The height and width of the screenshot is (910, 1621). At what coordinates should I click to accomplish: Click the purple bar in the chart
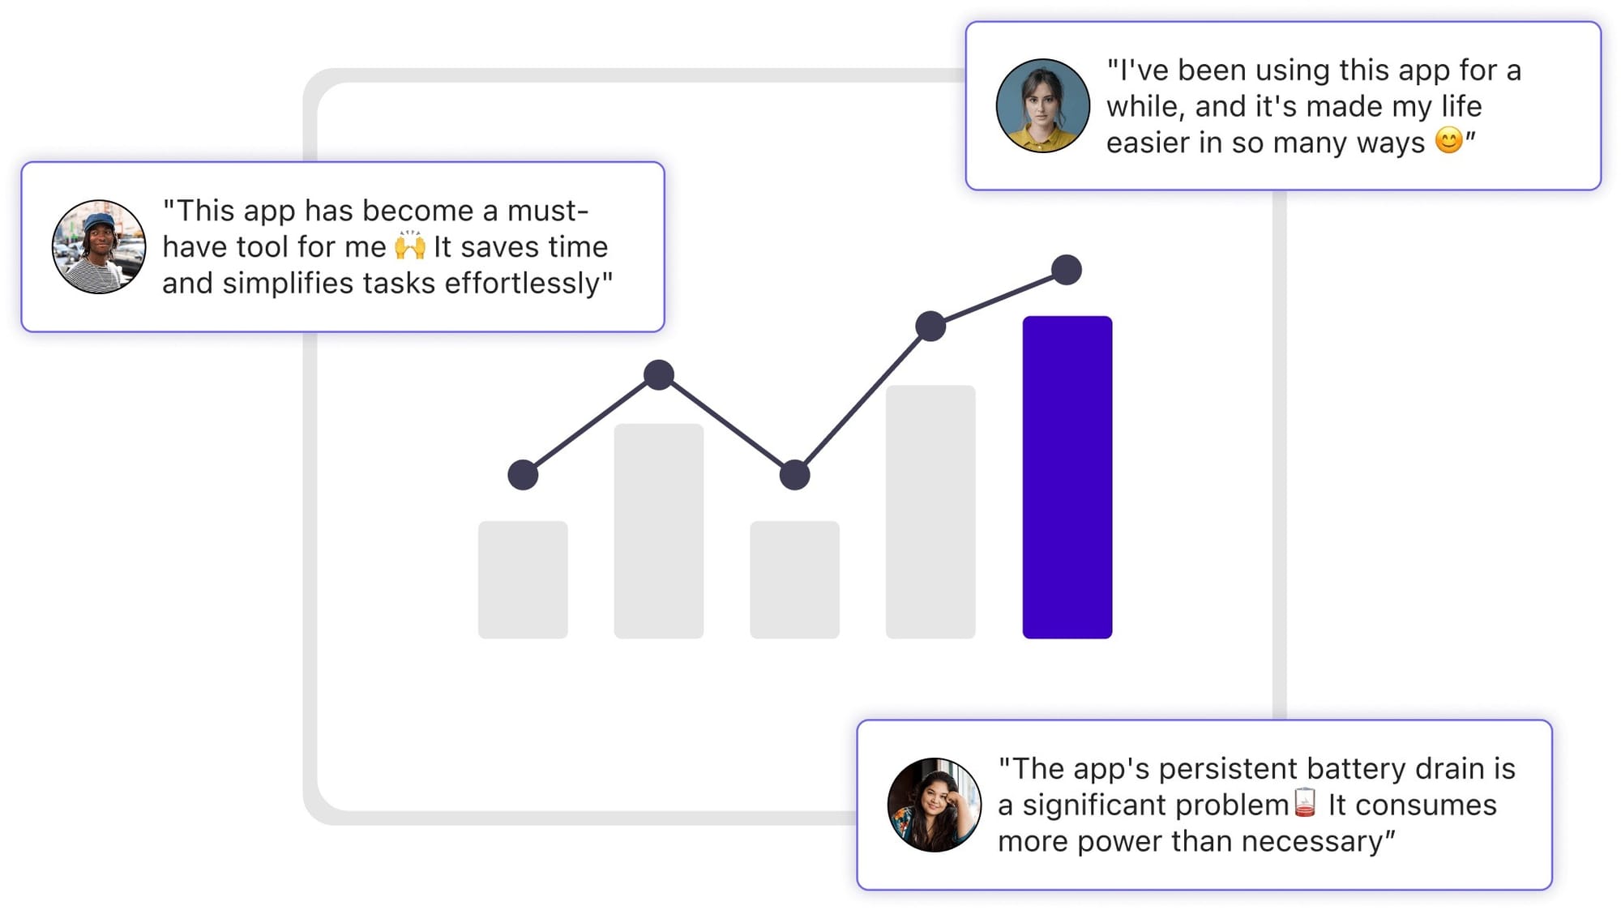(x=1067, y=477)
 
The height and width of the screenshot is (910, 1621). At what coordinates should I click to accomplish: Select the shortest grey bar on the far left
(x=523, y=579)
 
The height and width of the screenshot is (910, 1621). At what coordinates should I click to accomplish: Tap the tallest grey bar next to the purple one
(x=930, y=511)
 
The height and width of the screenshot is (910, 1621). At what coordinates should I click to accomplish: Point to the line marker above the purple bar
(x=1067, y=270)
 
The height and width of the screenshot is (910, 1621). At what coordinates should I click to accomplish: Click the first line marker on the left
(x=523, y=475)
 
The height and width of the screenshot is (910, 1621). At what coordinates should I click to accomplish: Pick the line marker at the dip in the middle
(x=794, y=475)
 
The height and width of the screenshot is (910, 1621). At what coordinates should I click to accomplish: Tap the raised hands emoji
(x=410, y=246)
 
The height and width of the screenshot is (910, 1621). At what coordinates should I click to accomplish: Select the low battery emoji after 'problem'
(x=1305, y=802)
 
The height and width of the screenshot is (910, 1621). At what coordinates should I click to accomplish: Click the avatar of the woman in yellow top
(x=1042, y=105)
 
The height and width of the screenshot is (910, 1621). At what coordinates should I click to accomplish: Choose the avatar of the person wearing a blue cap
(x=99, y=246)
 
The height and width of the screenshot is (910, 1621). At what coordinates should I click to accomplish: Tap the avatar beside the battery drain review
(x=935, y=805)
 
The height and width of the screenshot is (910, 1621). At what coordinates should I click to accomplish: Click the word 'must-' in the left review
(x=548, y=211)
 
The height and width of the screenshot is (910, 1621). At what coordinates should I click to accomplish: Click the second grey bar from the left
(x=659, y=531)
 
